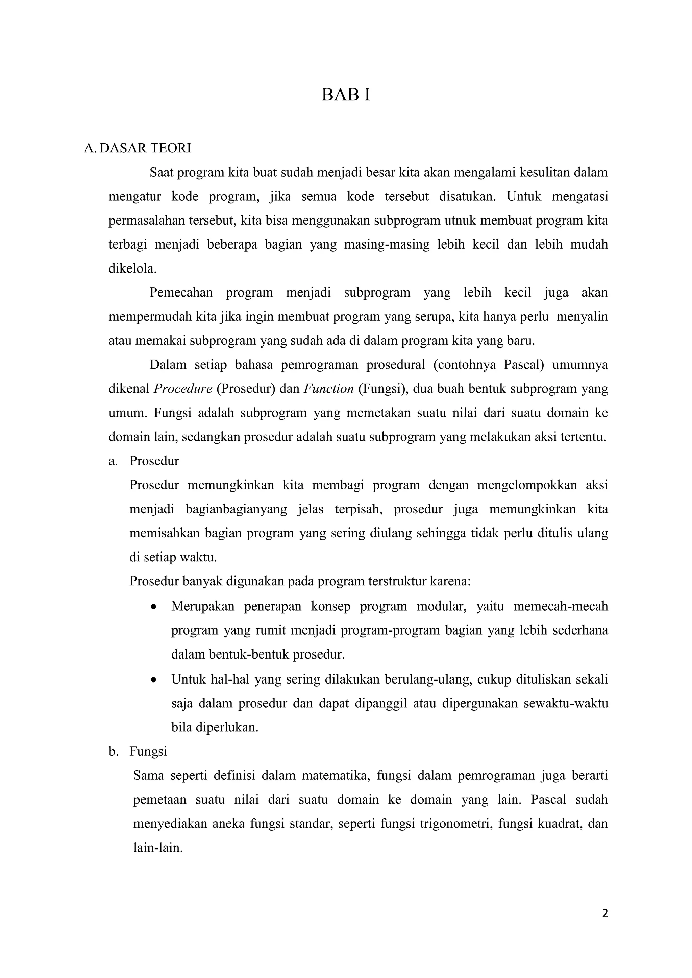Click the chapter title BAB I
(x=346, y=95)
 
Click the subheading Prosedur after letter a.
(x=154, y=461)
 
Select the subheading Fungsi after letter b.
(x=148, y=751)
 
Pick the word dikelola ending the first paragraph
(x=132, y=269)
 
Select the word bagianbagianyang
(x=236, y=509)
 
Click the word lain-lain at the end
(x=158, y=848)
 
